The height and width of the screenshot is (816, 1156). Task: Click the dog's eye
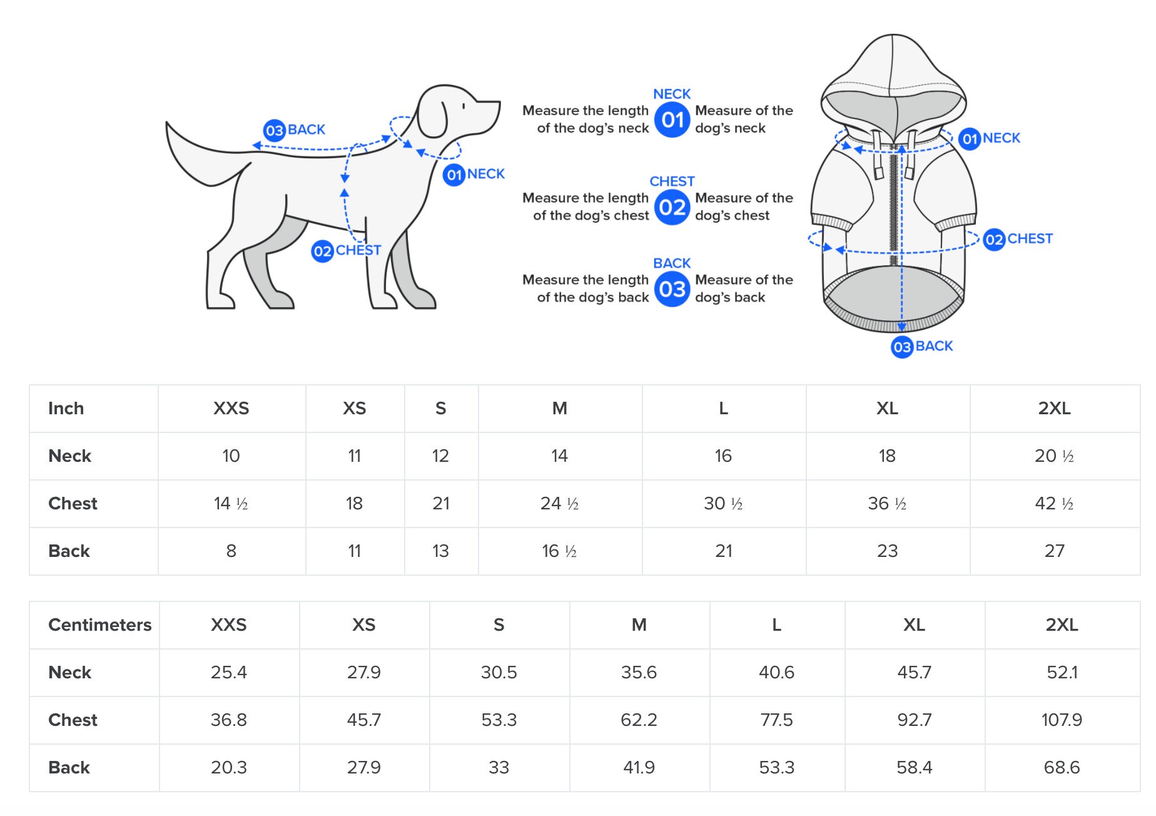click(x=464, y=106)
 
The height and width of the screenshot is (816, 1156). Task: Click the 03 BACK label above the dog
click(x=295, y=130)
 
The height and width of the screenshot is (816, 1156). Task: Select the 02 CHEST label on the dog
click(x=346, y=251)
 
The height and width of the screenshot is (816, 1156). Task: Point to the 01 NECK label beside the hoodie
click(x=990, y=138)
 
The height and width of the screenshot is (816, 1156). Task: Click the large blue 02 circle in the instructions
click(x=672, y=207)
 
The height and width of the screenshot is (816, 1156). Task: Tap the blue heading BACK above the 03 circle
click(x=672, y=263)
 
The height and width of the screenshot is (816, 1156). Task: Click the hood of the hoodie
click(x=893, y=84)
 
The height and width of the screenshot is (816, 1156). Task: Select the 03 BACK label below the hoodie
click(x=922, y=347)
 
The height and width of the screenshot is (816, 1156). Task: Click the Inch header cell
click(x=66, y=409)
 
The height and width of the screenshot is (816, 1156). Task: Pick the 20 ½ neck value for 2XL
click(x=1054, y=456)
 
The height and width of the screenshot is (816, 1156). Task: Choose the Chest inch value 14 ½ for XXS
click(x=231, y=504)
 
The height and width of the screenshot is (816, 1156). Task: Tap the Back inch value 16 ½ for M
click(x=559, y=551)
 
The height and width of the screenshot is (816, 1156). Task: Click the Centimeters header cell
click(x=100, y=625)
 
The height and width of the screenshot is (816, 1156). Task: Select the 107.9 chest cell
click(x=1062, y=720)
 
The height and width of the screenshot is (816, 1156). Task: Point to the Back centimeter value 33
click(x=499, y=768)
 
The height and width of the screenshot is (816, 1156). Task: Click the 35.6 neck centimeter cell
click(x=639, y=673)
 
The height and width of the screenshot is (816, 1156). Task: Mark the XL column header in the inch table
click(x=887, y=409)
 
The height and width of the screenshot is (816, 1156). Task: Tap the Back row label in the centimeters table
click(x=69, y=768)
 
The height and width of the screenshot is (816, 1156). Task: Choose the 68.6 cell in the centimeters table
click(x=1062, y=768)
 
